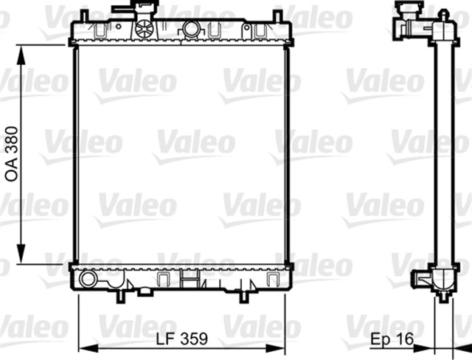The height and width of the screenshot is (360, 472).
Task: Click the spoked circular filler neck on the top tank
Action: [145, 29]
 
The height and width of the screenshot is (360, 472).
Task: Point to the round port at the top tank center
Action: [192, 30]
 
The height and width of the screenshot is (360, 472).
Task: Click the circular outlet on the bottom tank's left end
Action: [88, 279]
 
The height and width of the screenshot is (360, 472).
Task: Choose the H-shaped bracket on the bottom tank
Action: [190, 280]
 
